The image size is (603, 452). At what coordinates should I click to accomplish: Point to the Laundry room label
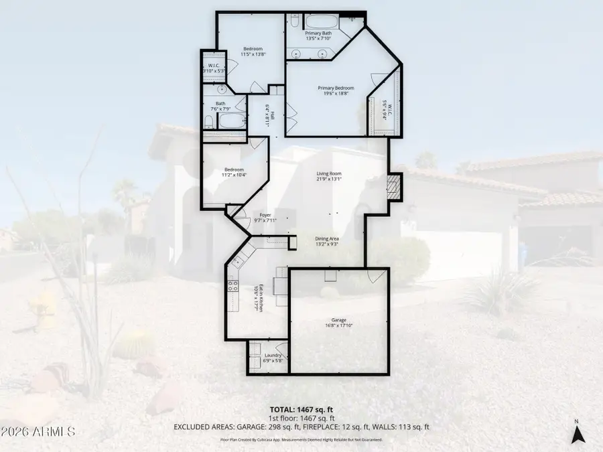[272, 355]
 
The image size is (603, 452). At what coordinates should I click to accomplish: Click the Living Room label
[329, 173]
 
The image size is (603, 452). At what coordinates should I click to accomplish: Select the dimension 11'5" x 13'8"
[252, 54]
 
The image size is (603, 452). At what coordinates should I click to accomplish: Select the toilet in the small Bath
[209, 121]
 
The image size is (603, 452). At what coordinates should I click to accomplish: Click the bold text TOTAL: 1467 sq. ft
[301, 408]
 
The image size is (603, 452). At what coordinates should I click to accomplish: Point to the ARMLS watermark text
[38, 429]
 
